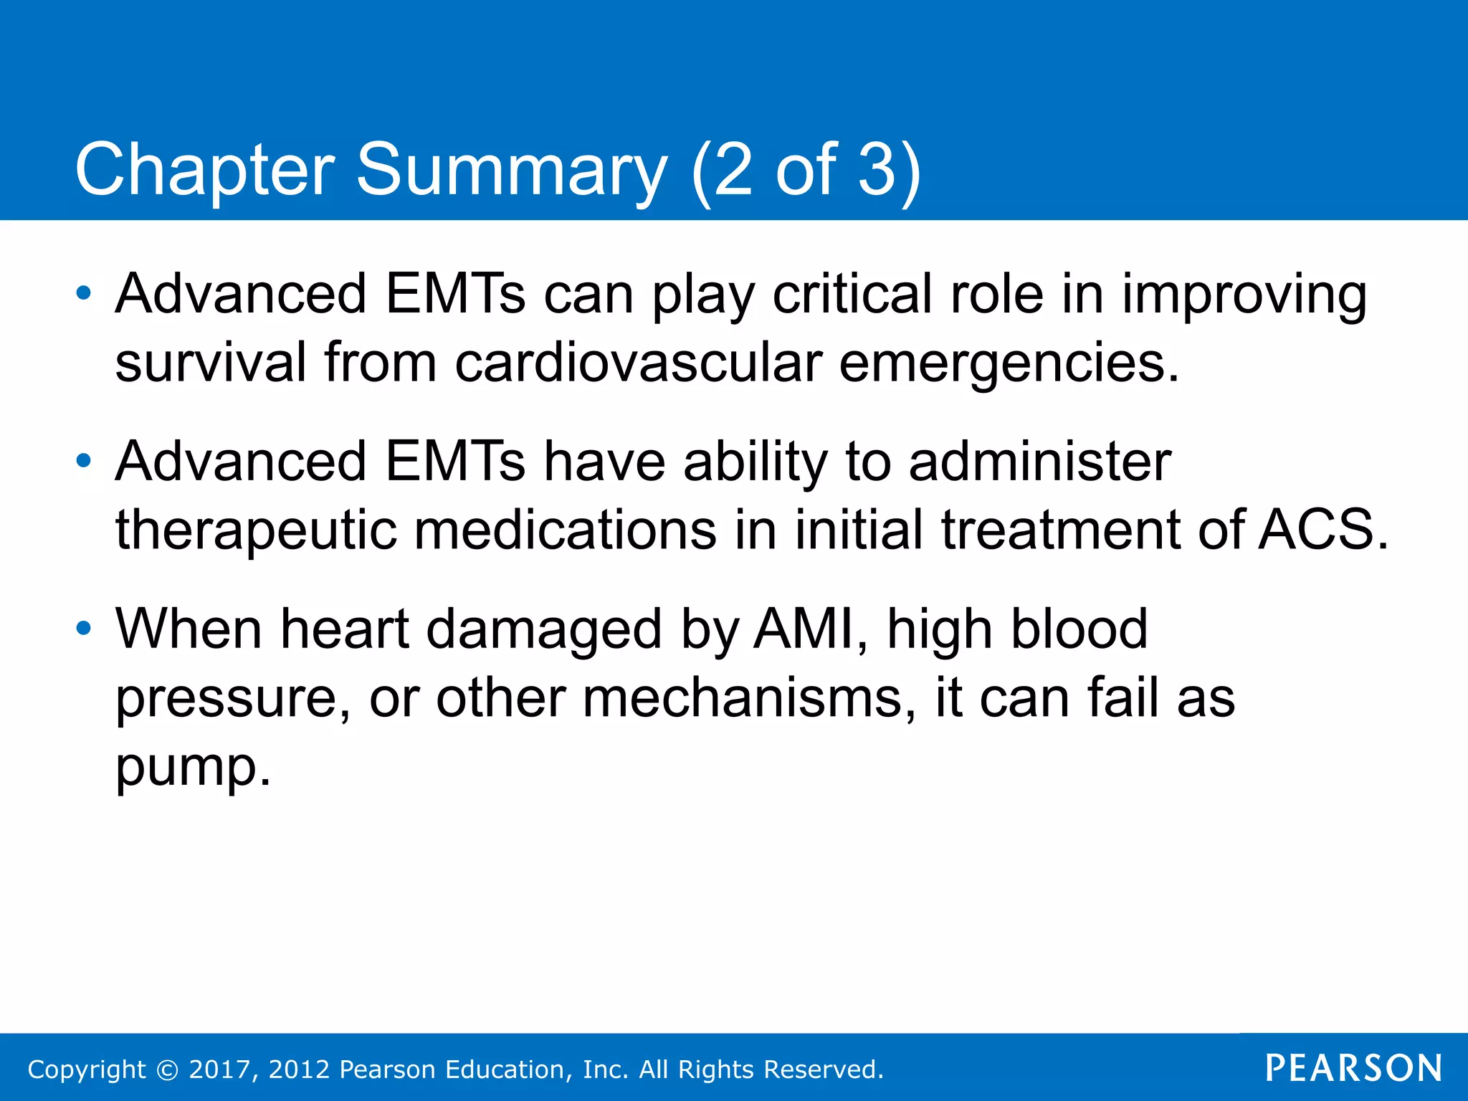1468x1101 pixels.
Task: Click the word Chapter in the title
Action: (x=204, y=170)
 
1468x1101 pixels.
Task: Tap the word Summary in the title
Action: (x=511, y=170)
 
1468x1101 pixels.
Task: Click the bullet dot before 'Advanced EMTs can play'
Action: (x=84, y=293)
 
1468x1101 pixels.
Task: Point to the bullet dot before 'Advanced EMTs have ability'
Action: (x=84, y=461)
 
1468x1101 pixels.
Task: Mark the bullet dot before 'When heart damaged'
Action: (x=84, y=629)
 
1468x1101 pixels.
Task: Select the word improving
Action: (x=1244, y=295)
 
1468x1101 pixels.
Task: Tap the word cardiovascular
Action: (x=637, y=362)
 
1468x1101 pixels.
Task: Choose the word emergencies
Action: (x=1009, y=363)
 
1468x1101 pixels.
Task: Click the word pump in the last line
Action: (x=192, y=767)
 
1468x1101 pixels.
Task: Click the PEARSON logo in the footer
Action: (x=1353, y=1068)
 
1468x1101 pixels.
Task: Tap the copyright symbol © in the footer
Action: (x=168, y=1069)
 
